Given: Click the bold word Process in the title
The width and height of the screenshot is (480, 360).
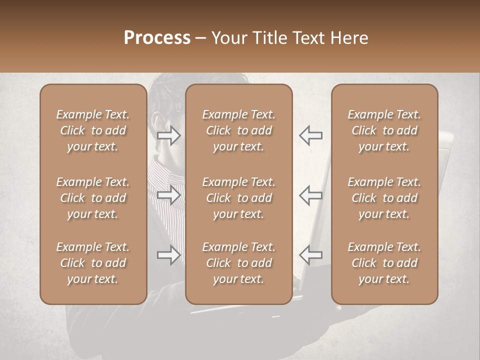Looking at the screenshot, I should click(x=157, y=38).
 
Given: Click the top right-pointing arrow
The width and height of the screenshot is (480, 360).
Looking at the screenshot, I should click(x=169, y=135).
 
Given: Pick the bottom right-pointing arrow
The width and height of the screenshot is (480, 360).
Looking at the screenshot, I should click(x=169, y=255).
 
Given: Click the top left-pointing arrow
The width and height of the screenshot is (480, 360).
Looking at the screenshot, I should click(x=310, y=135).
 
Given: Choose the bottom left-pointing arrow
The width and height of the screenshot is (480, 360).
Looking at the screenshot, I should click(x=310, y=255).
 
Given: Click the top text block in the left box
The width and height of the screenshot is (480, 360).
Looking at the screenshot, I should click(x=93, y=130).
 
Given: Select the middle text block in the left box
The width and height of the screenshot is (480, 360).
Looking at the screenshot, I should click(x=93, y=198).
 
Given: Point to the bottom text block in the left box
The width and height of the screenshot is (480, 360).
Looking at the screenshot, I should click(x=93, y=263).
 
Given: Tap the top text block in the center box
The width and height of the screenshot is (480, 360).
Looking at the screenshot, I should click(x=238, y=130).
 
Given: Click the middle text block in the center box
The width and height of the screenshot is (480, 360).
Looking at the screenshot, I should click(x=238, y=198).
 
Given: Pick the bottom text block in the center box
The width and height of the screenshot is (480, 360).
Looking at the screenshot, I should click(x=238, y=263).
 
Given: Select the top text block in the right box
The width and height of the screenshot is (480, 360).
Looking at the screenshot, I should click(x=384, y=130).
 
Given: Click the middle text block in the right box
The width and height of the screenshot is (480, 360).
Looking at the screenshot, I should click(x=384, y=198).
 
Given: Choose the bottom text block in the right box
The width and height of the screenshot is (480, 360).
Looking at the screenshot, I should click(x=384, y=263).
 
